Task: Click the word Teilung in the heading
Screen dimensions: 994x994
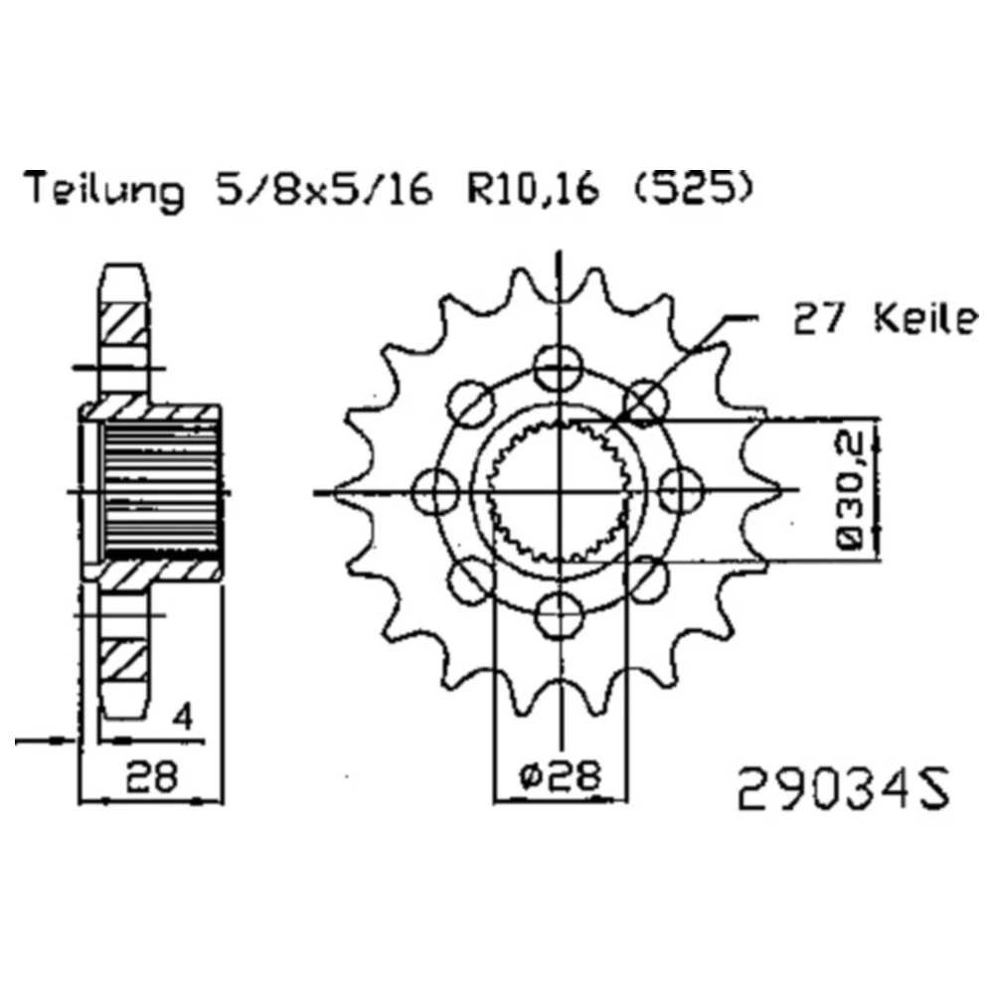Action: point(104,188)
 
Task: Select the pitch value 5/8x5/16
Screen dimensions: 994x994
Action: point(324,187)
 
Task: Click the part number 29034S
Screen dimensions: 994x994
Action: point(844,788)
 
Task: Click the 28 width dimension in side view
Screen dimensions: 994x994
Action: point(151,775)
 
